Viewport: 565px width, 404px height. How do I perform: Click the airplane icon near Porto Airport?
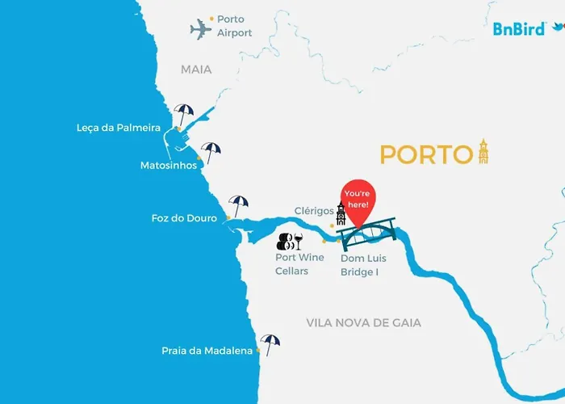(x=201, y=31)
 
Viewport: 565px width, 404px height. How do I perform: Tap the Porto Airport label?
(x=234, y=26)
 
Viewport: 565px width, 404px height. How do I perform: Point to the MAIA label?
(x=196, y=69)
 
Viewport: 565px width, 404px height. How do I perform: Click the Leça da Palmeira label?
(x=123, y=128)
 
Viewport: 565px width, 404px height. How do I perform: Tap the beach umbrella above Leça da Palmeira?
(x=184, y=114)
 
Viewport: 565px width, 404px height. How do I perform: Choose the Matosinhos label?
(x=167, y=165)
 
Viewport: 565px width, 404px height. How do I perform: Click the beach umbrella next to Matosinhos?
(x=211, y=151)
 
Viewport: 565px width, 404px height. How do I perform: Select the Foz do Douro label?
(x=184, y=218)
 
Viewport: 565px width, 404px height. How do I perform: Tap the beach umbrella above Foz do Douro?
(x=239, y=204)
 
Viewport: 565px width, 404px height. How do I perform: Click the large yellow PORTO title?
(x=425, y=154)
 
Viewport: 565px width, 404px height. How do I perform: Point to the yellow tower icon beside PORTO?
(x=483, y=151)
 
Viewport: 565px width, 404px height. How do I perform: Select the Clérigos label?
(x=314, y=211)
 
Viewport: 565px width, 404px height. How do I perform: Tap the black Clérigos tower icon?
(x=341, y=214)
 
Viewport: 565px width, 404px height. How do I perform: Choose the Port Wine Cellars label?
(x=299, y=264)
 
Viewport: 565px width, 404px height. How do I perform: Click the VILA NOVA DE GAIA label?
(x=363, y=322)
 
